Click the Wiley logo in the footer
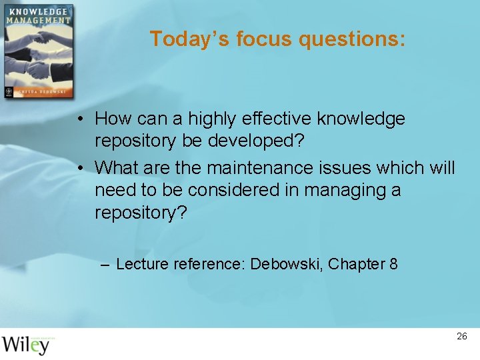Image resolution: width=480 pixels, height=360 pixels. click(26, 344)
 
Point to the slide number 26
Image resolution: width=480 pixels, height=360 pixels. click(462, 337)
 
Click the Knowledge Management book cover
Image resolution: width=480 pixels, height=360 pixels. click(38, 51)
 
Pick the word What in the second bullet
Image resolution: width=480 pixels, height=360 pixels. click(117, 167)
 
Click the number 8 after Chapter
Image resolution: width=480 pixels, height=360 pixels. click(393, 264)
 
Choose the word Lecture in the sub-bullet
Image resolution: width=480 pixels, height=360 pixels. click(143, 264)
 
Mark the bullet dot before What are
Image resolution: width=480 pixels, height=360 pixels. click(79, 168)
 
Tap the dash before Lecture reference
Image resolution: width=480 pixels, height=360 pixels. click(105, 265)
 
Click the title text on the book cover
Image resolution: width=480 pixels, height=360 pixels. click(38, 16)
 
